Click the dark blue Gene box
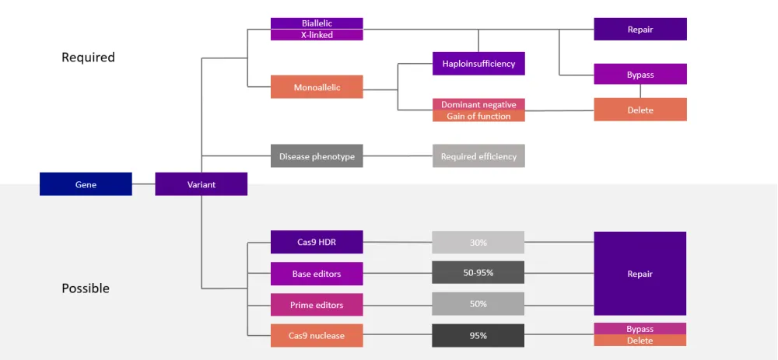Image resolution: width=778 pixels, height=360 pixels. [86, 184]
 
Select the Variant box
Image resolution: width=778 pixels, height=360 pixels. [201, 184]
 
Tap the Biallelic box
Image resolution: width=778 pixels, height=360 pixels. [317, 23]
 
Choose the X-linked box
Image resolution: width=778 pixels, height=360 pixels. [317, 35]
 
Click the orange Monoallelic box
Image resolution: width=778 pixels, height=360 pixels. [317, 87]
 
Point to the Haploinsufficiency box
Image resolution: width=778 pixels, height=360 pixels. [478, 64]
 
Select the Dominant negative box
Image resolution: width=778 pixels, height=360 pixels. [478, 104]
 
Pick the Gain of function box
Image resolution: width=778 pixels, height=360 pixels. [478, 116]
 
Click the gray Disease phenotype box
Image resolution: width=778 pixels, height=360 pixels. [317, 156]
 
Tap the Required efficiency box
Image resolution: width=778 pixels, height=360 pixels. [478, 156]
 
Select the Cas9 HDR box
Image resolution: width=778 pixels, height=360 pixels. [317, 243]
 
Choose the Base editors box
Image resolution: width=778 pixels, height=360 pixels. [317, 274]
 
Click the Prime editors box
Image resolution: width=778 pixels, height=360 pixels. [317, 305]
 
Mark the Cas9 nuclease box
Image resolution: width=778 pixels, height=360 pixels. [317, 336]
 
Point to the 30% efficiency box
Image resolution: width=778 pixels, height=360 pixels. [478, 243]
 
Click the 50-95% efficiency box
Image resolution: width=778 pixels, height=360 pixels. [478, 273]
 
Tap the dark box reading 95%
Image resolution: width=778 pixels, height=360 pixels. [478, 336]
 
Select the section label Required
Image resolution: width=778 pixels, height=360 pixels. [88, 58]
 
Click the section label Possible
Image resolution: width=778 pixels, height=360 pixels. [86, 288]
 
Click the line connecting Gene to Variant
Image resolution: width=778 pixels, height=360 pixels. [143, 184]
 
